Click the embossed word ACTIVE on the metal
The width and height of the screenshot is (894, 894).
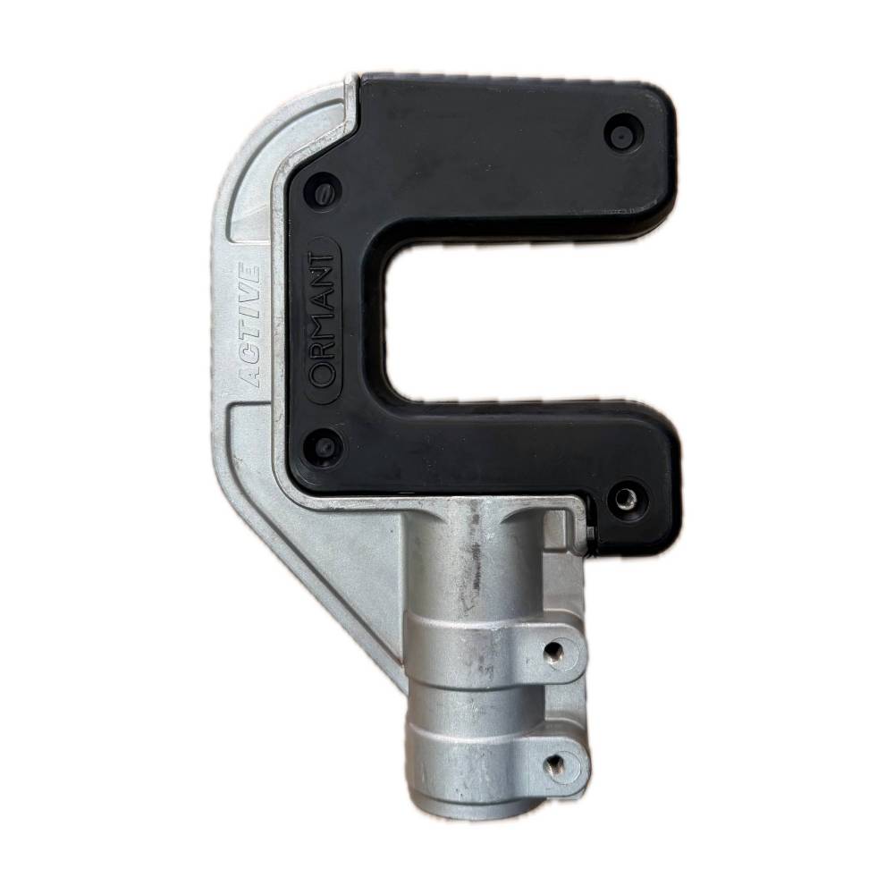tap(249, 327)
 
